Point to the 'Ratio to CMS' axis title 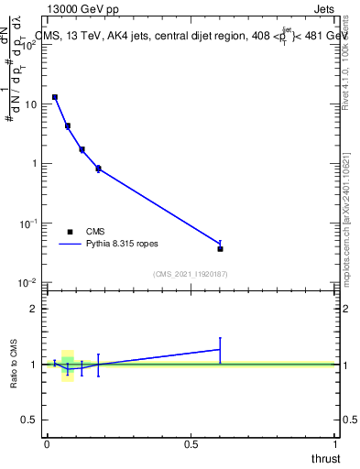point(16,365)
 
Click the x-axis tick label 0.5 point(191,444)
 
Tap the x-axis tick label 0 point(47,444)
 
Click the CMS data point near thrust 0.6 point(220,248)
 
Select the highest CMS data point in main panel point(55,97)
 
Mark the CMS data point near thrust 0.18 point(98,169)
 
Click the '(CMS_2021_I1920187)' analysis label point(190,273)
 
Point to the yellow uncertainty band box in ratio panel point(68,365)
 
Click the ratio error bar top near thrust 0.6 point(220,338)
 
